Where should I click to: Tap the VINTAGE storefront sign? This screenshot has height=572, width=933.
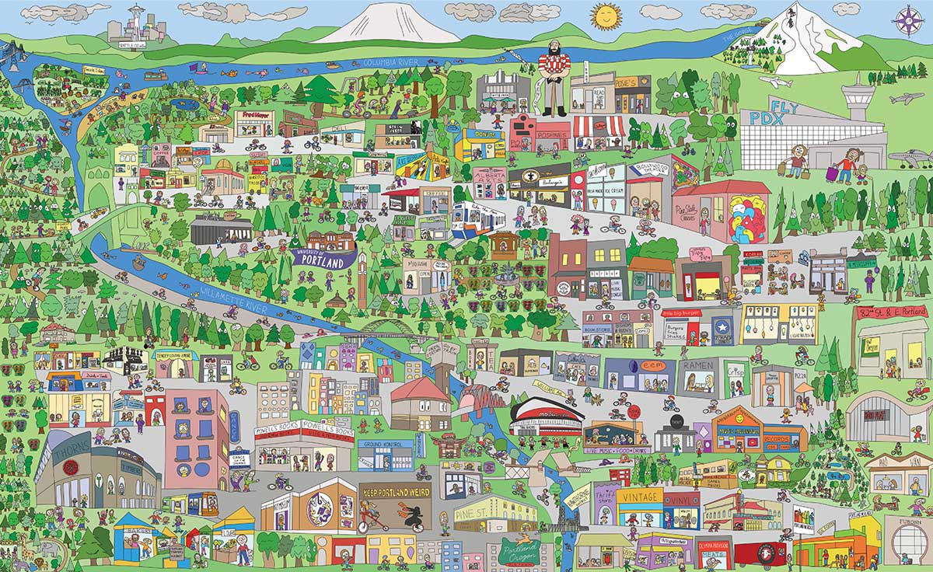pyautogui.click(x=640, y=496)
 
